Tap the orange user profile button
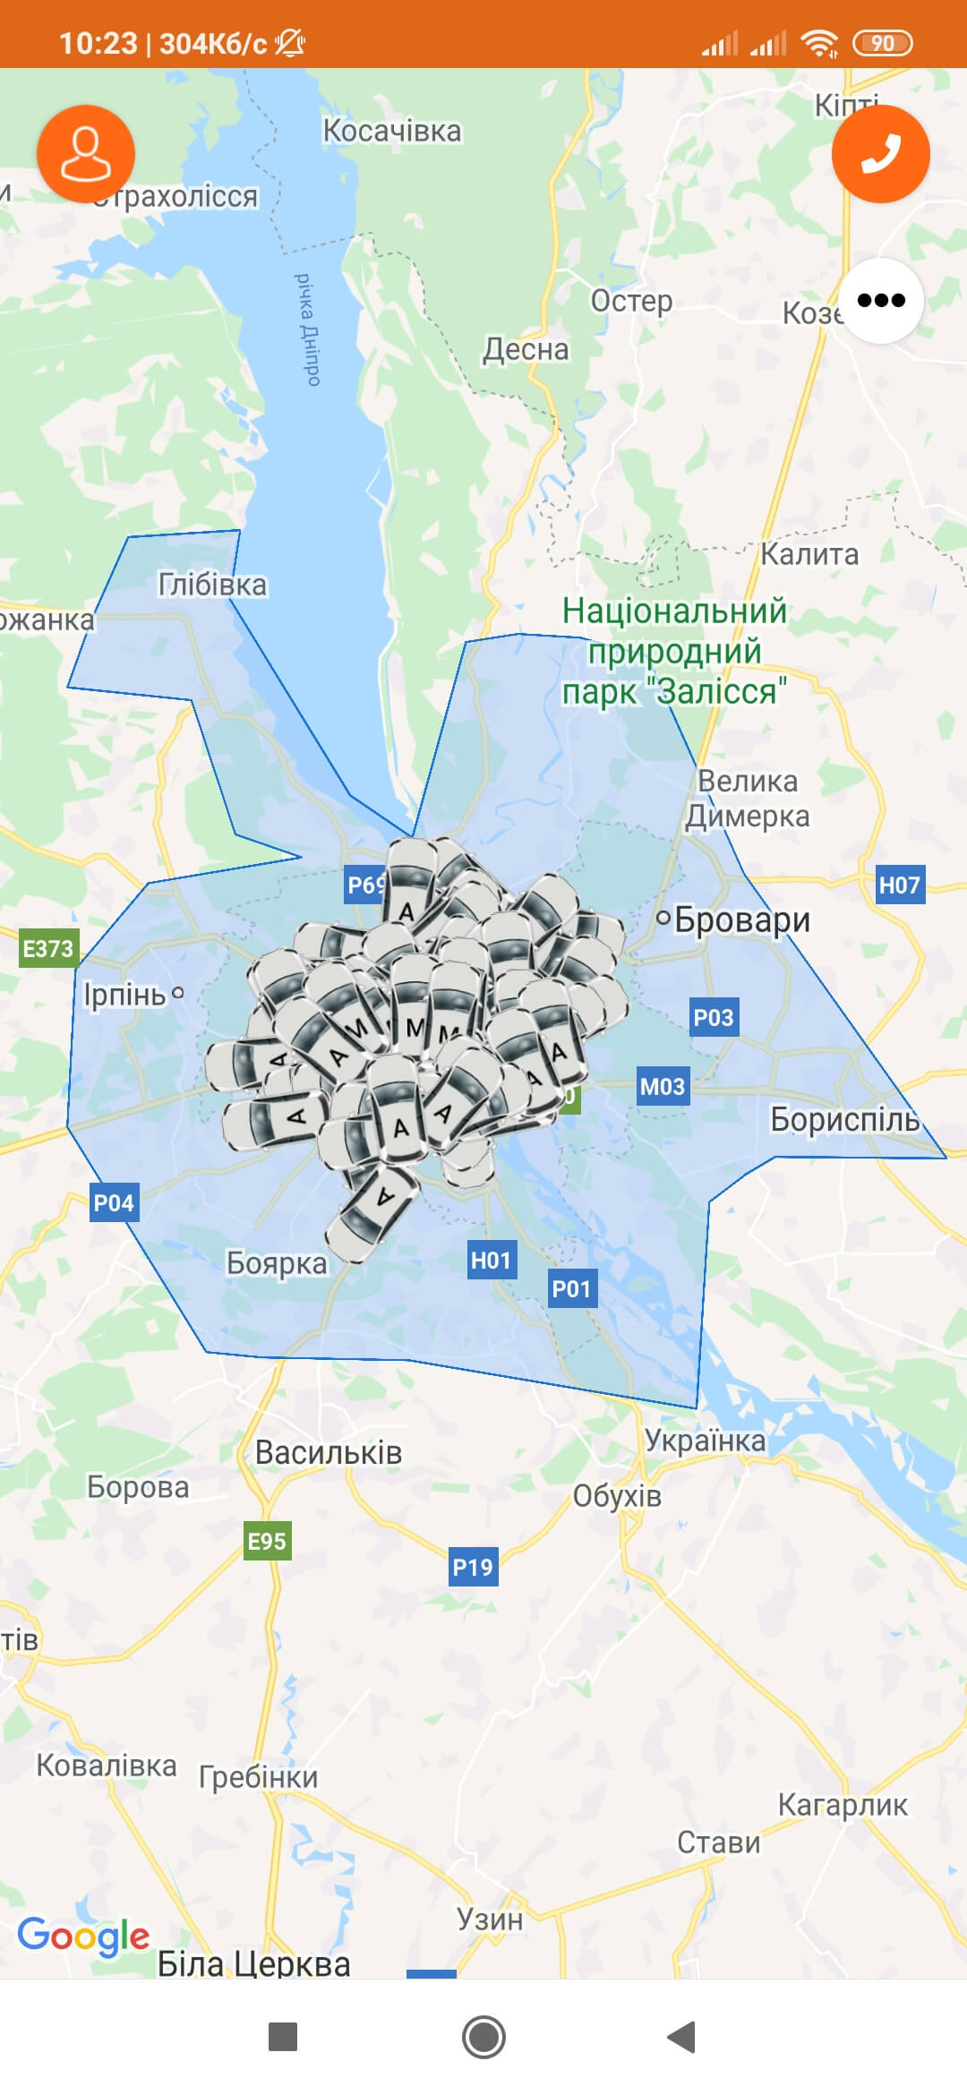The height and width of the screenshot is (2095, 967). [86, 154]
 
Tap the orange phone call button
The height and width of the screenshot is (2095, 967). [880, 154]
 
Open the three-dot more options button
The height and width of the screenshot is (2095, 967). [881, 301]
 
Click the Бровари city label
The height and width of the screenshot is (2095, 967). [741, 919]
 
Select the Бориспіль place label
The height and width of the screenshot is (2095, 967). [844, 1119]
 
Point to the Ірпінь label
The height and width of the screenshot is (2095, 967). [125, 995]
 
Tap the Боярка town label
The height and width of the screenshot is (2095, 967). [277, 1262]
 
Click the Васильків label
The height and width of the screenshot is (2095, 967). [329, 1452]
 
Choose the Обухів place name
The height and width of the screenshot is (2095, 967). [617, 1495]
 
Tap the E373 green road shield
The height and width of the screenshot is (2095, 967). [48, 948]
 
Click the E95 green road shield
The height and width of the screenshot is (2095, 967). [267, 1541]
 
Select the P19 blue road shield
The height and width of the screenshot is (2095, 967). [473, 1567]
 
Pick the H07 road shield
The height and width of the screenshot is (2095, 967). [899, 885]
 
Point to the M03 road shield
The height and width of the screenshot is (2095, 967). [662, 1086]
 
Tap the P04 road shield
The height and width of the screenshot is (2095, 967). [114, 1202]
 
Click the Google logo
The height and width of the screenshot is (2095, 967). [83, 1936]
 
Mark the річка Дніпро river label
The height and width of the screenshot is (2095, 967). [307, 329]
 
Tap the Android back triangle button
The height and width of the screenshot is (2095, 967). [682, 2037]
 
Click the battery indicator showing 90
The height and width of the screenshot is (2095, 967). [882, 43]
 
